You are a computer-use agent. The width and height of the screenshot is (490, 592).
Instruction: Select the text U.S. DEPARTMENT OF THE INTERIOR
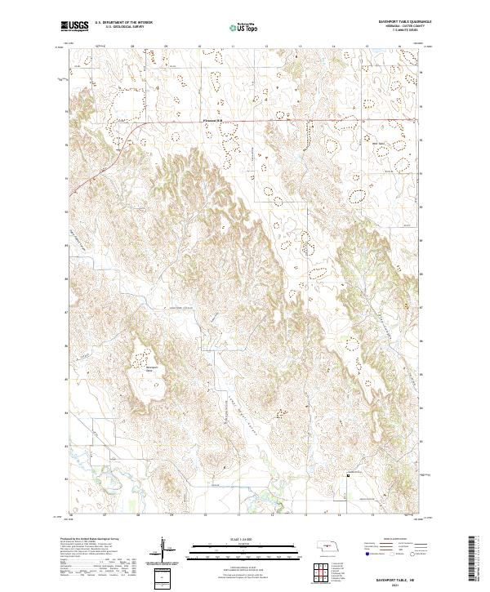point(123,24)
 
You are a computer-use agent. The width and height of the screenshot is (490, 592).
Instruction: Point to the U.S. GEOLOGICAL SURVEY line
point(118,29)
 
